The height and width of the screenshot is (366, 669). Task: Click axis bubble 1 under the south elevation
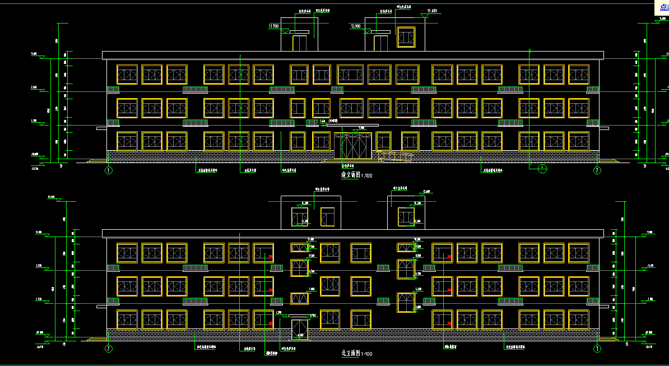pyautogui.click(x=109, y=170)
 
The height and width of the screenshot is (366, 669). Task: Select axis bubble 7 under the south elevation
pyautogui.click(x=597, y=170)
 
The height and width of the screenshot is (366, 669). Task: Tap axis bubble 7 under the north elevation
pyautogui.click(x=109, y=349)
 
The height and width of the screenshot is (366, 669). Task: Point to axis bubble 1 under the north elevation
pyautogui.click(x=597, y=349)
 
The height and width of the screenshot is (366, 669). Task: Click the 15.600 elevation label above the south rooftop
pyautogui.click(x=432, y=11)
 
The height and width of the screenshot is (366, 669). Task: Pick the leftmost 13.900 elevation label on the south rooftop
pyautogui.click(x=274, y=26)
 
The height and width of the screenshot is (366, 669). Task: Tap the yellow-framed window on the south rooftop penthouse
pyautogui.click(x=406, y=37)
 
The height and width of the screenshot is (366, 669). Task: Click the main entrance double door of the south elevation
pyautogui.click(x=352, y=146)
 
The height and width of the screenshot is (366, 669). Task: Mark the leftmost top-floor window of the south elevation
pyautogui.click(x=127, y=75)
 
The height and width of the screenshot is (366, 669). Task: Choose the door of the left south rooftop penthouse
pyautogui.click(x=299, y=43)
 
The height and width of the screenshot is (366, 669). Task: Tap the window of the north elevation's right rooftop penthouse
pyautogui.click(x=406, y=217)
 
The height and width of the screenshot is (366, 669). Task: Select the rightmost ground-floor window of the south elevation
pyautogui.click(x=579, y=141)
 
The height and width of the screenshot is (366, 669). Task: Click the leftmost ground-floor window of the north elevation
pyautogui.click(x=127, y=319)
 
